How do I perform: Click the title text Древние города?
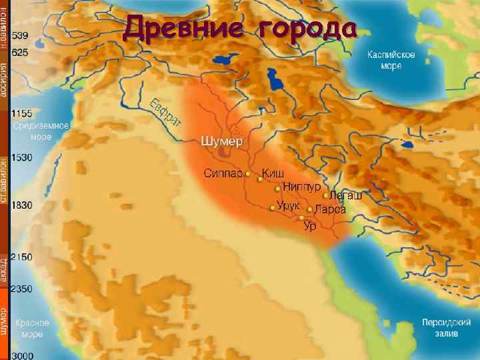pyautogui.click(x=241, y=29)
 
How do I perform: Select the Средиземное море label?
pyautogui.click(x=50, y=130)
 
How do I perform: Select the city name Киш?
pyautogui.click(x=273, y=173)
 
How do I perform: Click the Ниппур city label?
pyautogui.click(x=303, y=186)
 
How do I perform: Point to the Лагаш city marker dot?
pyautogui.click(x=325, y=196)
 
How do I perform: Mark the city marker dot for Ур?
pyautogui.click(x=302, y=218)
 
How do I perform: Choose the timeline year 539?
pyautogui.click(x=19, y=34)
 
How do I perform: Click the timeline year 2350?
pyautogui.click(x=22, y=289)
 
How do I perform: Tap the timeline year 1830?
pyautogui.click(x=22, y=205)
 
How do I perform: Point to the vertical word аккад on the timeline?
pyautogui.click(x=5, y=271)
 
